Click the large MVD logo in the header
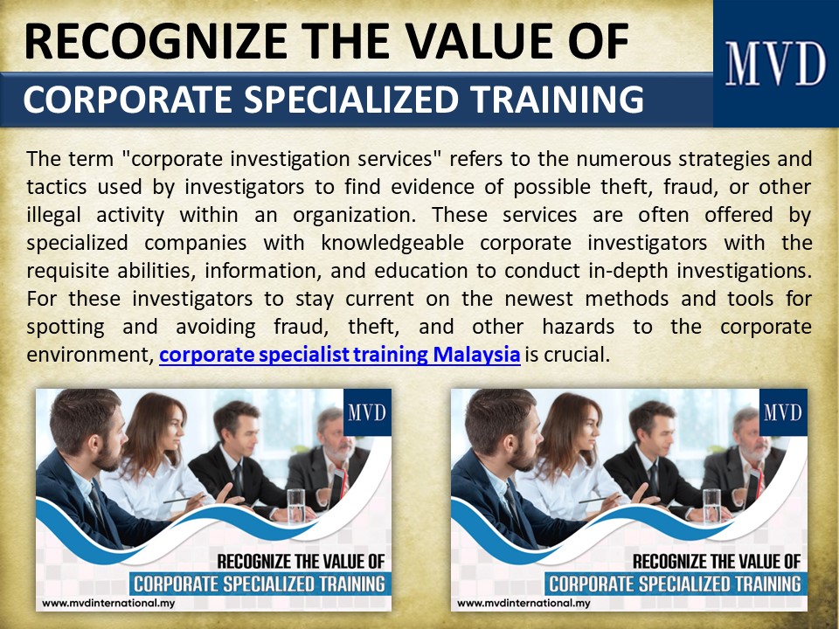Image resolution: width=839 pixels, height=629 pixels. tap(775, 64)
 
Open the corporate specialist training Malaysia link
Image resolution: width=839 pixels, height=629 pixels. tap(340, 356)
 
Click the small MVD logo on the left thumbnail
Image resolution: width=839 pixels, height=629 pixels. tap(367, 412)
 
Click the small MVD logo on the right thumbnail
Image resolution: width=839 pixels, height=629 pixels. tap(782, 412)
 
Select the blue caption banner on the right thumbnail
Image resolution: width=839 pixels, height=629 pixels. tap(674, 583)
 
